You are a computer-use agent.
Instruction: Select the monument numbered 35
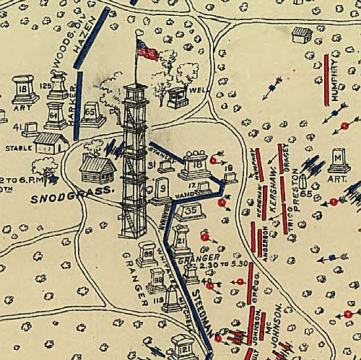click(x=190, y=210)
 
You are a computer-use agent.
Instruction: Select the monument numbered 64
click(x=56, y=115)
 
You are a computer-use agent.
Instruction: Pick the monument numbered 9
click(x=162, y=190)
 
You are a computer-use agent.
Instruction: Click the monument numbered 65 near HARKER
click(x=91, y=113)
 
